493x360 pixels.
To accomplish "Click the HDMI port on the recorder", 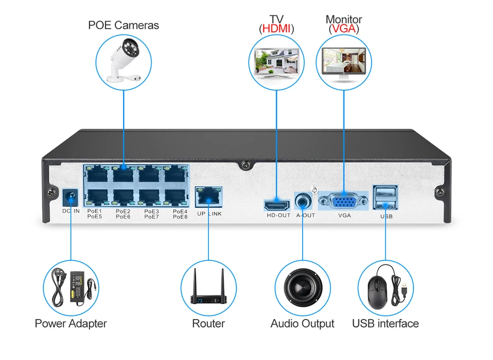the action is pyautogui.click(x=277, y=206).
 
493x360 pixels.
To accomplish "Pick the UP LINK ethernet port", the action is pyautogui.click(x=208, y=197).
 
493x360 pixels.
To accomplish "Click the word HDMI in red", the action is pyautogui.click(x=276, y=29).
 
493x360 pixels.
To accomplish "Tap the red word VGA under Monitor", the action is pyautogui.click(x=344, y=29).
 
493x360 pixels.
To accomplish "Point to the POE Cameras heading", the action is pyautogui.click(x=123, y=25).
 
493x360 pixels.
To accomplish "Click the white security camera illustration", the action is pyautogui.click(x=124, y=60).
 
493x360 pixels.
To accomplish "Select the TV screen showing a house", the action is pyautogui.click(x=276, y=62).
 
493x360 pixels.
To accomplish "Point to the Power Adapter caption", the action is pyautogui.click(x=71, y=323).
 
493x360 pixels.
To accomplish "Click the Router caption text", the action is pyautogui.click(x=208, y=323).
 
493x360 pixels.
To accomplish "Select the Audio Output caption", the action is pyautogui.click(x=303, y=323).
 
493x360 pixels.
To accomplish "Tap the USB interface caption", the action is pyautogui.click(x=385, y=323).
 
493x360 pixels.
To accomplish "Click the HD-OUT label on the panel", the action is pyautogui.click(x=278, y=215).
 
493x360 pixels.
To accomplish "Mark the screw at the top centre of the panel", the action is pyautogui.click(x=245, y=165).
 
